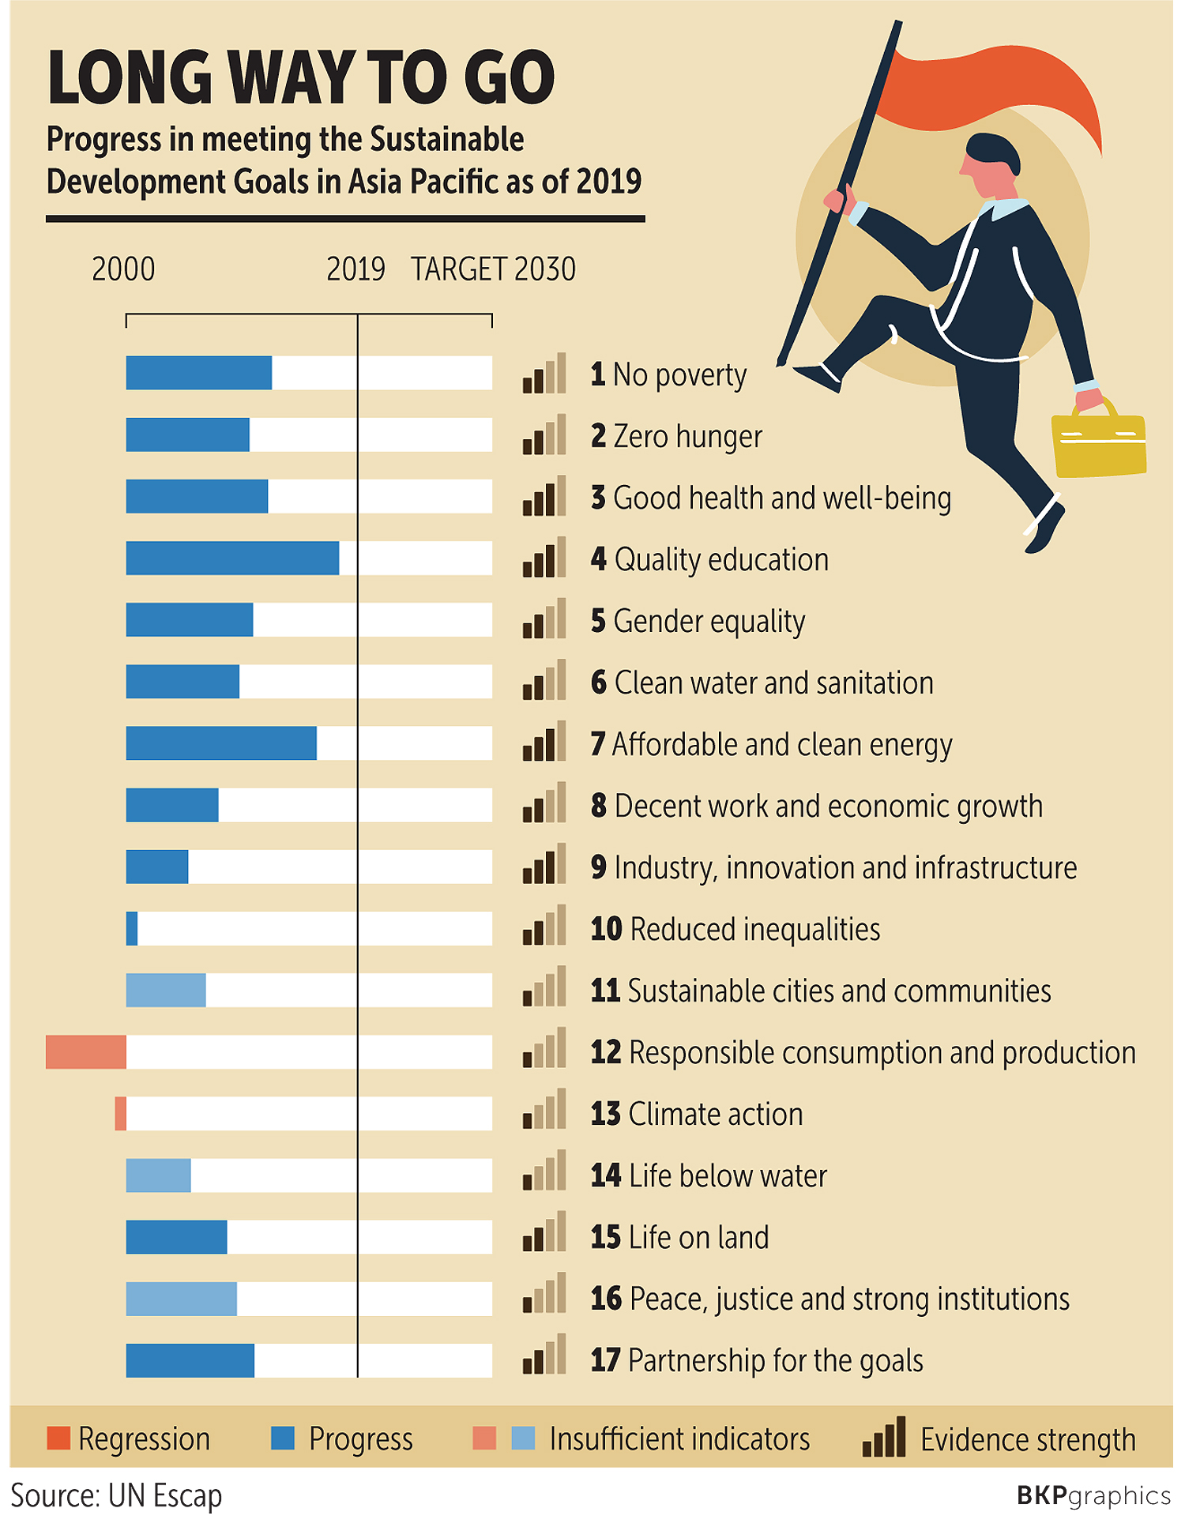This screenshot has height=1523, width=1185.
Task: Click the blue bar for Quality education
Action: pos(232,558)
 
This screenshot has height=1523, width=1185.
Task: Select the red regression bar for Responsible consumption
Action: pos(85,1051)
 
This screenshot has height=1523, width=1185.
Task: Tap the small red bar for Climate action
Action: pos(120,1113)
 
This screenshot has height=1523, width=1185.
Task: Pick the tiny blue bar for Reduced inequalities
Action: pos(132,928)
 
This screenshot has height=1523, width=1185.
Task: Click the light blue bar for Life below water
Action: pos(158,1175)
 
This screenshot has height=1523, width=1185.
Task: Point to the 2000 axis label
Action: pos(123,269)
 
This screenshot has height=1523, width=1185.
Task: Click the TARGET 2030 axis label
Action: pos(493,269)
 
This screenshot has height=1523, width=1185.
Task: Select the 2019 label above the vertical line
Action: pos(355,269)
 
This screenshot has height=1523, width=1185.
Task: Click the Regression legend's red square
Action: pos(58,1438)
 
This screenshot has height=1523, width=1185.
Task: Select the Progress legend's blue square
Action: pos(282,1438)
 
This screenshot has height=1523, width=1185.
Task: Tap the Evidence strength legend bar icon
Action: pos(883,1438)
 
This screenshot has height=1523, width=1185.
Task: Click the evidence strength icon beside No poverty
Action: pos(544,374)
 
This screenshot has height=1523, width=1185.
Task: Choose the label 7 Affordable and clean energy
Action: pos(771,744)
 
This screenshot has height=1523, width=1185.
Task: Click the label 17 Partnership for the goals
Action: pos(757,1360)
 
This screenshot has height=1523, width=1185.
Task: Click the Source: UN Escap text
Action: pos(116,1495)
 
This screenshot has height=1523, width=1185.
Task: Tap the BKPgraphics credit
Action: pos(1093,1495)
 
